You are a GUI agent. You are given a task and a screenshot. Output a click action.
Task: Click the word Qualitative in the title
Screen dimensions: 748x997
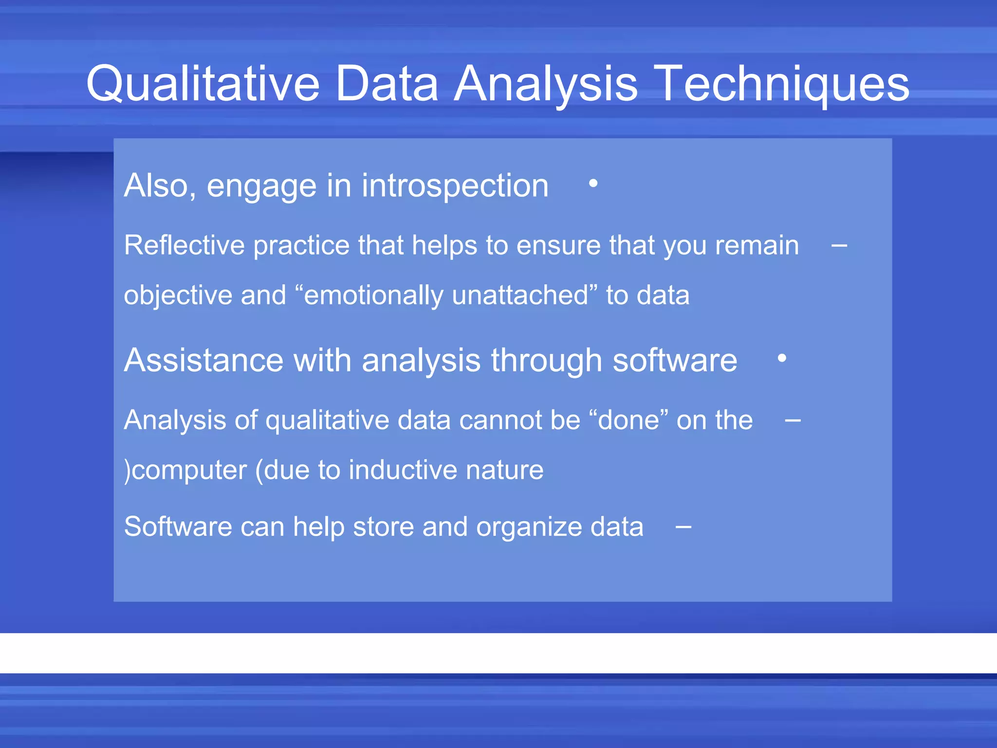click(x=203, y=84)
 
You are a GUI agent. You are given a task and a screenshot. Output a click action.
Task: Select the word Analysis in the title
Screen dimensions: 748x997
click(x=546, y=84)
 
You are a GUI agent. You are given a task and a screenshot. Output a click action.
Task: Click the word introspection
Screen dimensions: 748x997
click(x=455, y=186)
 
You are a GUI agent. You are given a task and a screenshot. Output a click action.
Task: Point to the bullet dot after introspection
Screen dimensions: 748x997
click(x=593, y=184)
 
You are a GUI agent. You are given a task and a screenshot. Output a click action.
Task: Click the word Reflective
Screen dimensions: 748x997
click(x=184, y=245)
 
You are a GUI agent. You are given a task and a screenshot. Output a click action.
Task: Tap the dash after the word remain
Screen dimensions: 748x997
click(x=839, y=245)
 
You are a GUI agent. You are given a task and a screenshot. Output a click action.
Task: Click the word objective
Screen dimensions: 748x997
click(x=178, y=296)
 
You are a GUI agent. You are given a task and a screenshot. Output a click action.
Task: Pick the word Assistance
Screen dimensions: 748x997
click(x=203, y=360)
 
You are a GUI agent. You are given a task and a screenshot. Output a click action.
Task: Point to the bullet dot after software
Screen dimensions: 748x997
click(x=782, y=358)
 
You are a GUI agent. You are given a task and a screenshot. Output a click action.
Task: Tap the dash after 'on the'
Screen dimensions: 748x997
click(x=793, y=420)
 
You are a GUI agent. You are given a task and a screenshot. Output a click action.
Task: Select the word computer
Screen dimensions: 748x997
click(x=189, y=470)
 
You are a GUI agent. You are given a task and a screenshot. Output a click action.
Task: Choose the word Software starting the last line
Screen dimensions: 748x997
click(x=178, y=527)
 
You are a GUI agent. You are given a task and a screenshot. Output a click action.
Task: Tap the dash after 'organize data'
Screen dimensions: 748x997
click(x=683, y=527)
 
